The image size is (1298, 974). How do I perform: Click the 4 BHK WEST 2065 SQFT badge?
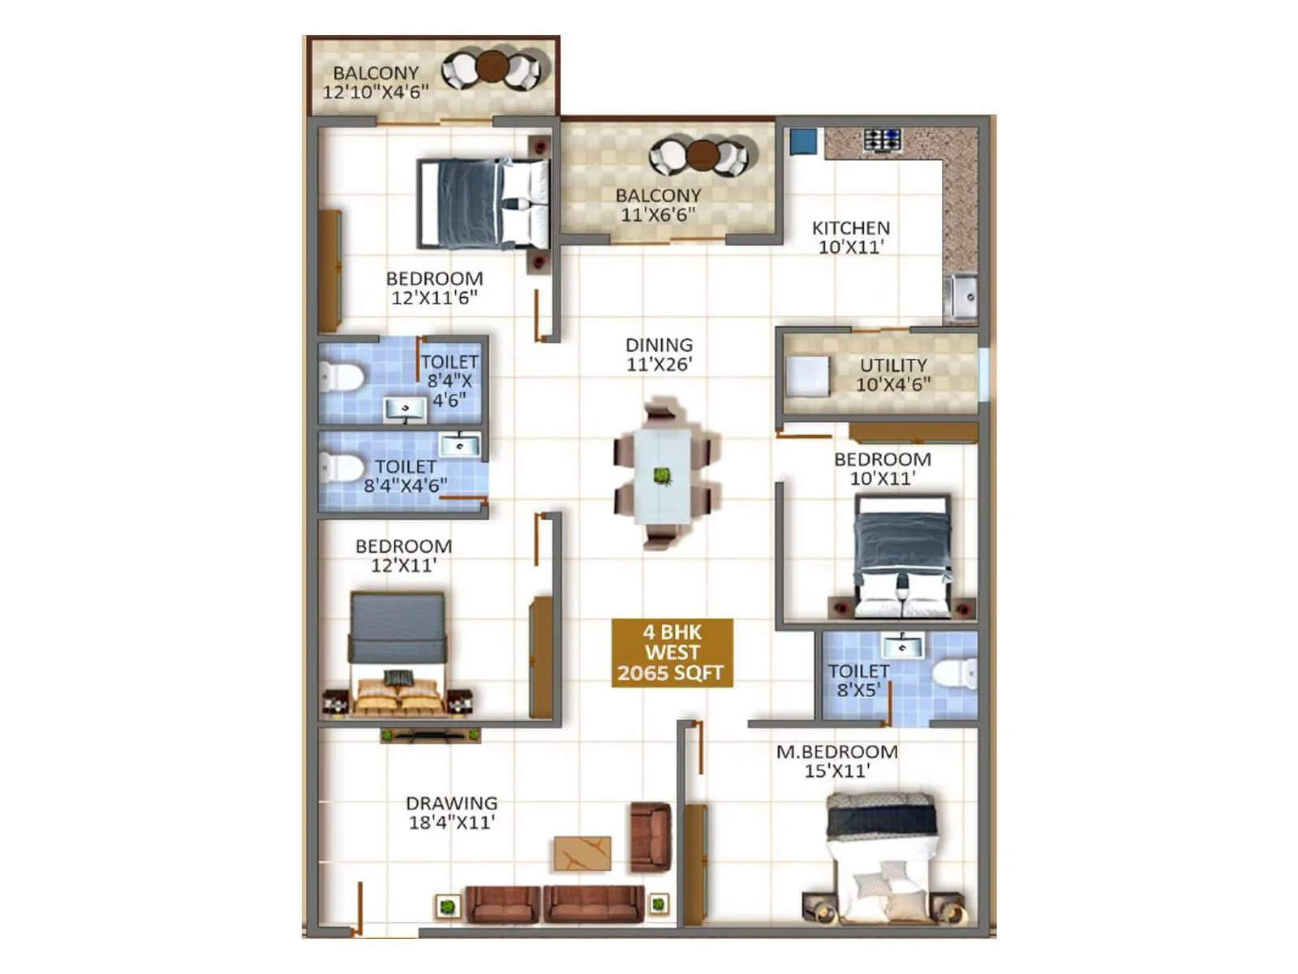click(672, 653)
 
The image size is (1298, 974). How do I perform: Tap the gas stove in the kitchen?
click(882, 140)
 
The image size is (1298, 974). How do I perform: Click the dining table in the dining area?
click(663, 475)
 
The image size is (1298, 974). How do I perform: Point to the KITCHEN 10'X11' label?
click(851, 238)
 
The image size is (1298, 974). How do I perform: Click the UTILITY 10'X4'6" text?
click(893, 375)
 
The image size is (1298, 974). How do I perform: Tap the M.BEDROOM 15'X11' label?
click(837, 761)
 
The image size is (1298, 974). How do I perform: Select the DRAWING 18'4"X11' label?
click(452, 812)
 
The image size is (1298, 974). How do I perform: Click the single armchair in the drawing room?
click(651, 837)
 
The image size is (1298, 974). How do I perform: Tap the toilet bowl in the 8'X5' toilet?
click(955, 674)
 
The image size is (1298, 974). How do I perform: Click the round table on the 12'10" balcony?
click(492, 67)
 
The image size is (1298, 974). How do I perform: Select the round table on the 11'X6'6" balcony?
click(703, 154)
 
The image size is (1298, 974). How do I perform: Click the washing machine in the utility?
click(807, 377)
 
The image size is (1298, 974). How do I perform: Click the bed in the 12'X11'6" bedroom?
click(484, 203)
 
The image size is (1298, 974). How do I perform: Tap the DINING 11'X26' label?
click(659, 355)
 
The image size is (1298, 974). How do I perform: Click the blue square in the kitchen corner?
click(803, 141)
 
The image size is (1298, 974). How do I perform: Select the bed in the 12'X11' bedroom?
click(398, 654)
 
